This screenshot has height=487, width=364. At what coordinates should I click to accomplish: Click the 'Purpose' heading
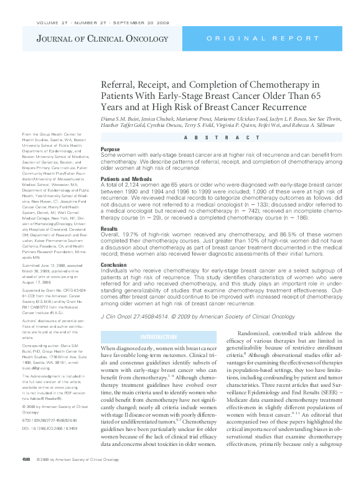pos(110,149)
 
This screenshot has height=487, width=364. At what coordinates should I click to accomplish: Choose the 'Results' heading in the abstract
pos(110,229)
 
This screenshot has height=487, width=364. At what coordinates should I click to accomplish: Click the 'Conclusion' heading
pos(114,264)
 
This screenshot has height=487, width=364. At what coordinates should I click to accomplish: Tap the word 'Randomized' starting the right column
pos(256,334)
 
